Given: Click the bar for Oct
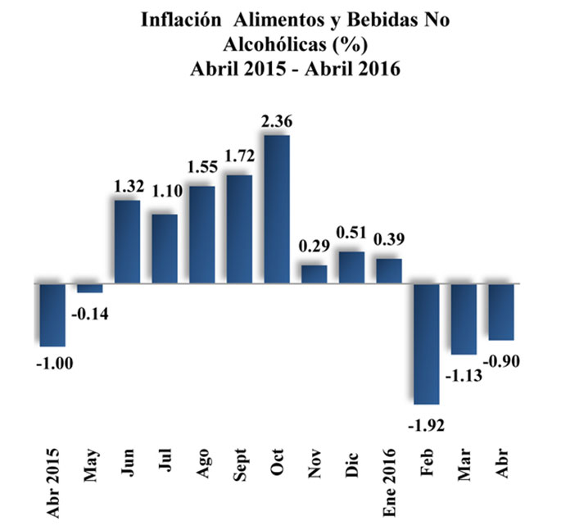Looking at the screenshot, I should point(277,209).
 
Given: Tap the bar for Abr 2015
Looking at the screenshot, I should point(52,315).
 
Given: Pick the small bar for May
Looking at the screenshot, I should point(90,288).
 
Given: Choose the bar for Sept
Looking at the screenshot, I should point(239,229).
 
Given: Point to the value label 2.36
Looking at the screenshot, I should point(277,122).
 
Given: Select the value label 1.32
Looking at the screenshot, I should point(129,186).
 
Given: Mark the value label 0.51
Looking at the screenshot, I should point(351,238).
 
